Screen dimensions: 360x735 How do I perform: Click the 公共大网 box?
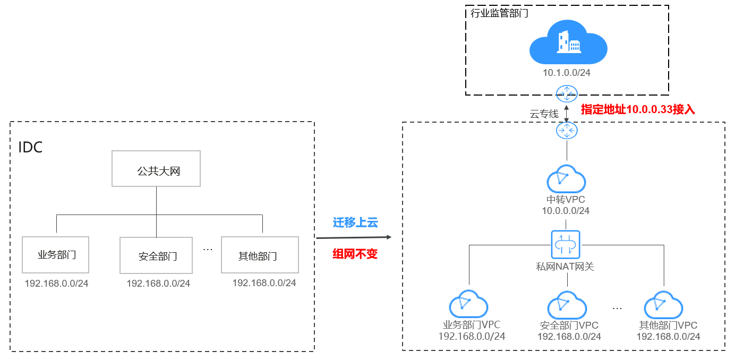click(156, 169)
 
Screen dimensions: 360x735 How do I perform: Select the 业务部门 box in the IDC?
click(56, 255)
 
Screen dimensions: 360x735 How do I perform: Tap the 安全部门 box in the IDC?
click(156, 256)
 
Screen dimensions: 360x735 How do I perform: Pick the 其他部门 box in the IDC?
click(260, 255)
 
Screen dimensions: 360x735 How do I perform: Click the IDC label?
click(30, 147)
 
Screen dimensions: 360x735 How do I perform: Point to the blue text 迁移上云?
click(355, 222)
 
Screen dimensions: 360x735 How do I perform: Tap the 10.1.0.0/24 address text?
click(567, 72)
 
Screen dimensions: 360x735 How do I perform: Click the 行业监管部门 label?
click(499, 14)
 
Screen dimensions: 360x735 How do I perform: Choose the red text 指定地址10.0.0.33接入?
click(638, 109)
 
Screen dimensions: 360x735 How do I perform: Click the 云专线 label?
click(544, 114)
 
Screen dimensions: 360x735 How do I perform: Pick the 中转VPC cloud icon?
click(566, 179)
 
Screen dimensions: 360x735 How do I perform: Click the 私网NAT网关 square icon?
click(566, 244)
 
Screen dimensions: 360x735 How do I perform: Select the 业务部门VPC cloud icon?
click(468, 305)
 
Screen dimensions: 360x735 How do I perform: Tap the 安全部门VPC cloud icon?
click(567, 305)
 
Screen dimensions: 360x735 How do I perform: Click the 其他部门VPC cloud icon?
click(663, 305)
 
